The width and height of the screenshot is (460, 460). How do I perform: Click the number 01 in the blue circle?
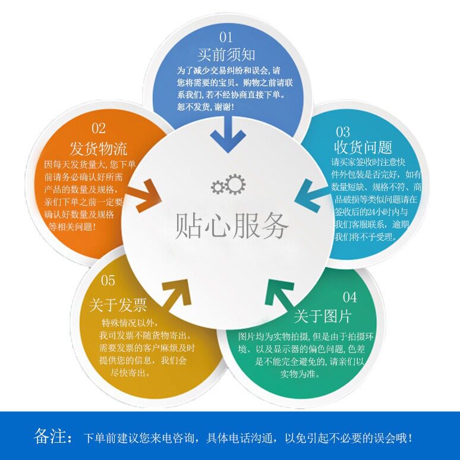pos(226,37)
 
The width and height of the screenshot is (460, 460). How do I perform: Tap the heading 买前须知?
pos(226,55)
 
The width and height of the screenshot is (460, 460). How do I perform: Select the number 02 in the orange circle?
pos(99,128)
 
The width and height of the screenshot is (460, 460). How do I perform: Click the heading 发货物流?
pos(99,148)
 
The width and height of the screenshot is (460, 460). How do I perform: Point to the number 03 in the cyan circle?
pos(343,131)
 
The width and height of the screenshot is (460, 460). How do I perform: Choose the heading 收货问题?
pos(363,147)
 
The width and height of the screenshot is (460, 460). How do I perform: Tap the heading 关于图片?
pos(323,316)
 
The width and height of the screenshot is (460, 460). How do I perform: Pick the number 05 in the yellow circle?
pos(108,280)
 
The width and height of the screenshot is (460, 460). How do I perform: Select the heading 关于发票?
pos(118,305)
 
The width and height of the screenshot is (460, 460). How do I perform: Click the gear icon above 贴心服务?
pos(228,185)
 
